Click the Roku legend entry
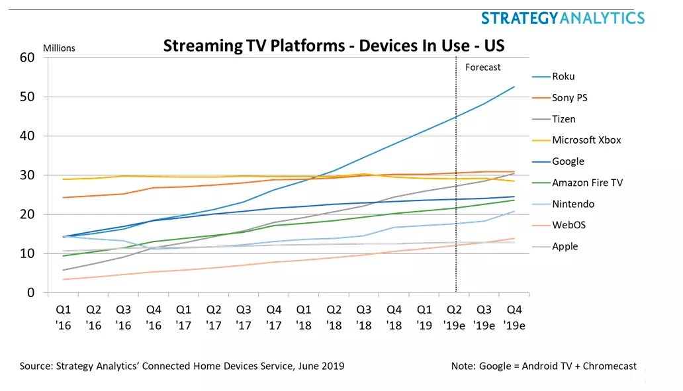coord(563,77)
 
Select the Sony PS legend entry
coord(569,98)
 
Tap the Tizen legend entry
coord(563,119)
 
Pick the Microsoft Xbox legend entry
coord(586,140)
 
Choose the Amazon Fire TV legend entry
coord(587,183)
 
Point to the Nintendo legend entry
coord(573,204)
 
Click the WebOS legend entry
coord(569,225)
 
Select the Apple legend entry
coord(565,246)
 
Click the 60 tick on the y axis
coord(26,58)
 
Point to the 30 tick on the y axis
coord(26,175)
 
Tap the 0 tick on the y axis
coord(30,293)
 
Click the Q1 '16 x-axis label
coord(64,318)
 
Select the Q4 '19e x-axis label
coord(515,318)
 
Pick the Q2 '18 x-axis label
coord(334,318)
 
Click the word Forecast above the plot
coord(483,67)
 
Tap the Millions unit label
coord(60,48)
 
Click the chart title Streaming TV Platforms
coord(334,46)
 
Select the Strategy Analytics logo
coord(562,17)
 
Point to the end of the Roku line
coord(514,87)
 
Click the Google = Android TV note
coord(542,366)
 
